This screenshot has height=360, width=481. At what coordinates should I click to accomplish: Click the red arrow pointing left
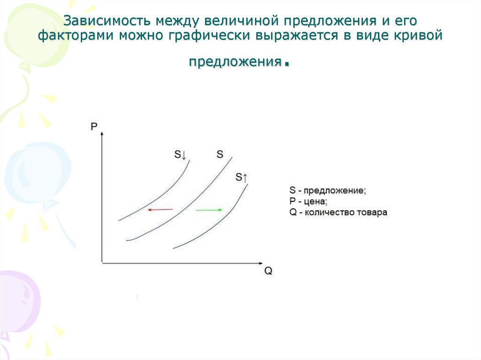160,210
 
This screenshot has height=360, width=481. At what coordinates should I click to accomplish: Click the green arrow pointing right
209,210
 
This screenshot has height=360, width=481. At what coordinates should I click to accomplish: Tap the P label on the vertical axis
94,126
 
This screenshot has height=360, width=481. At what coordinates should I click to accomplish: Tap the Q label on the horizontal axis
268,271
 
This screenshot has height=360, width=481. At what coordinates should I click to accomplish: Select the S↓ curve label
180,154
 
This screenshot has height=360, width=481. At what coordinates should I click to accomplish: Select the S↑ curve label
241,177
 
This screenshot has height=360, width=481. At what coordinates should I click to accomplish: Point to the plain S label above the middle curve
220,153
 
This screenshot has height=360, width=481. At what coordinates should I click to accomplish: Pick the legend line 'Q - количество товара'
338,212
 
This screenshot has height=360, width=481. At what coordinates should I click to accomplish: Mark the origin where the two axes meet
102,263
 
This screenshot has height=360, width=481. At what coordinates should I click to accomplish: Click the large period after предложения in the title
286,66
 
